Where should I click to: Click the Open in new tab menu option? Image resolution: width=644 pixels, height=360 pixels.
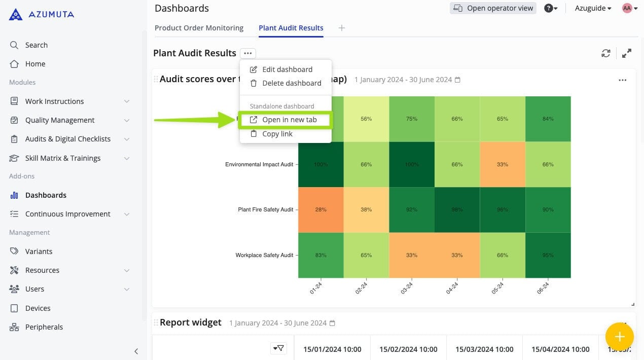click(x=289, y=120)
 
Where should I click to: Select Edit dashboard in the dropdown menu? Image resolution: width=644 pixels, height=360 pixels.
click(x=287, y=69)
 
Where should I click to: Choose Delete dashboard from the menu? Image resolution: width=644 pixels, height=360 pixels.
click(x=292, y=83)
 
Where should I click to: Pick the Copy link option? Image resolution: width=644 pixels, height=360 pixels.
click(x=277, y=134)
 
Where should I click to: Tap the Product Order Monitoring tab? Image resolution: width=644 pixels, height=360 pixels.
click(x=199, y=28)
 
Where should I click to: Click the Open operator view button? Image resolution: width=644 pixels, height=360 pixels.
click(x=493, y=8)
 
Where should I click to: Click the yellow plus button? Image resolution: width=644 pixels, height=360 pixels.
click(x=619, y=337)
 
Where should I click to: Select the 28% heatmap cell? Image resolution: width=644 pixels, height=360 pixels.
click(x=320, y=209)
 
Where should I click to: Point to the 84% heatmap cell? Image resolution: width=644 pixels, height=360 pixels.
click(x=548, y=119)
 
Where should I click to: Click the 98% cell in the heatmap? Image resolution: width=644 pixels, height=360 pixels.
click(x=457, y=209)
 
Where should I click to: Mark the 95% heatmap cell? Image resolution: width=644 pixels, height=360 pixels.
click(x=548, y=255)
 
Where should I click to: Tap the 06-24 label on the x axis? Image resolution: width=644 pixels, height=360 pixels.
click(x=543, y=288)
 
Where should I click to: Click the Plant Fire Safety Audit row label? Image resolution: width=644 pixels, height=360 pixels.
click(x=265, y=209)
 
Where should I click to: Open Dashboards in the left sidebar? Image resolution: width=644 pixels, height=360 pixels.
click(x=46, y=195)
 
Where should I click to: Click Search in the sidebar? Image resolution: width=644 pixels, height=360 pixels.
click(x=36, y=45)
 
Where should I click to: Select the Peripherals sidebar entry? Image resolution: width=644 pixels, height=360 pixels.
click(x=44, y=327)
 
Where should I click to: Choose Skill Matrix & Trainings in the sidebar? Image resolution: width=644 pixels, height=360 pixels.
click(x=62, y=158)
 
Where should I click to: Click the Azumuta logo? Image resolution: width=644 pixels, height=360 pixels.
click(x=42, y=14)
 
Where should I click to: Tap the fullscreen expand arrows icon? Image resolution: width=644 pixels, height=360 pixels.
click(x=627, y=53)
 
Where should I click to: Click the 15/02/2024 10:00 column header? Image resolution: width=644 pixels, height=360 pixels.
click(x=408, y=349)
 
